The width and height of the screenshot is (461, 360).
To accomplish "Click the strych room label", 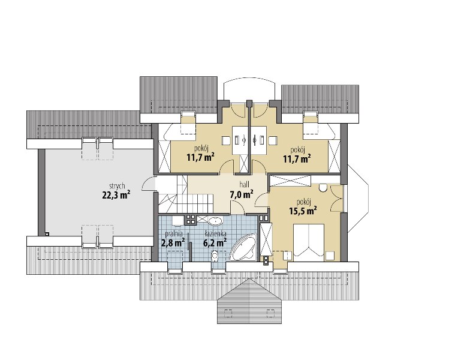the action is click(117, 187).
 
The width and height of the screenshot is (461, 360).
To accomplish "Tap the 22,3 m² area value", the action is click(116, 195).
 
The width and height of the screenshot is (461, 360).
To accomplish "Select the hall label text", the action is click(245, 185).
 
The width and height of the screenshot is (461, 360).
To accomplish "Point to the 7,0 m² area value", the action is click(242, 194).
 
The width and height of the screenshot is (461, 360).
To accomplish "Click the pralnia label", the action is click(174, 234).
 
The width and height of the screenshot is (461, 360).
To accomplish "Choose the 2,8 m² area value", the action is click(173, 243).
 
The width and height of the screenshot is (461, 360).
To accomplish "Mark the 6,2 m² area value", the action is click(215, 242).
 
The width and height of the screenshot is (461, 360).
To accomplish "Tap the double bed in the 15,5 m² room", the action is click(309, 243).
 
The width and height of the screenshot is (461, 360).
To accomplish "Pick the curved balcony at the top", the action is click(249, 88).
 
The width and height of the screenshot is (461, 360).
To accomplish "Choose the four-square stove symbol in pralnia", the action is click(190, 220).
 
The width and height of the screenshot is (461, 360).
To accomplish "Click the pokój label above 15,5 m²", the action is click(305, 202).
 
